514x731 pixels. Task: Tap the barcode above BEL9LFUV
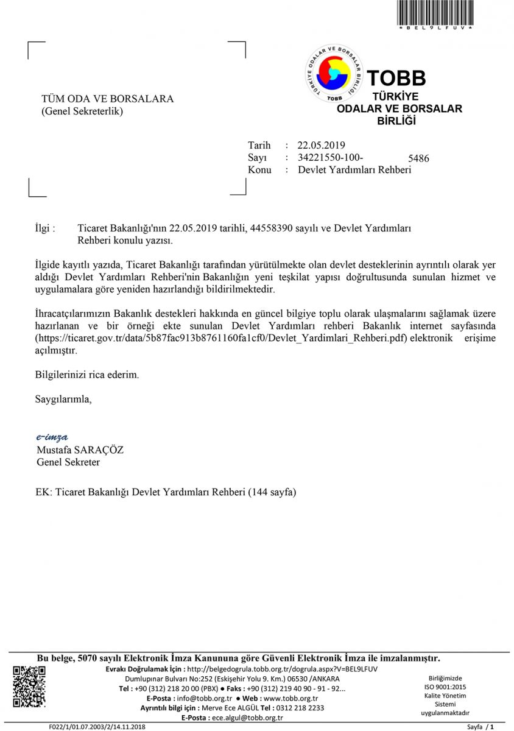(x=435, y=12)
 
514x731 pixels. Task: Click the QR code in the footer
(x=29, y=687)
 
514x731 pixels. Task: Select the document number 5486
(x=418, y=159)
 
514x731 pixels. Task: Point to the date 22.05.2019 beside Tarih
(x=321, y=145)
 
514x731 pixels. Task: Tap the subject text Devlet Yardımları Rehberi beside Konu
(x=354, y=170)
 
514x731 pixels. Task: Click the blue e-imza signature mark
(x=52, y=437)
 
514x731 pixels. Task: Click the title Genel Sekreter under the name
(x=68, y=462)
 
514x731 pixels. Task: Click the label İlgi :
(x=46, y=228)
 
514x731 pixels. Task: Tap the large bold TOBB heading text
(x=396, y=78)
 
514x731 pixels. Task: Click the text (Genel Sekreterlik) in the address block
(x=82, y=111)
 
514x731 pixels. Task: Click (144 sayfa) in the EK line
(x=272, y=492)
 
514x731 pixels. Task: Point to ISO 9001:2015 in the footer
(x=445, y=687)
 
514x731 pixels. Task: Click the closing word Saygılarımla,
(x=64, y=400)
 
